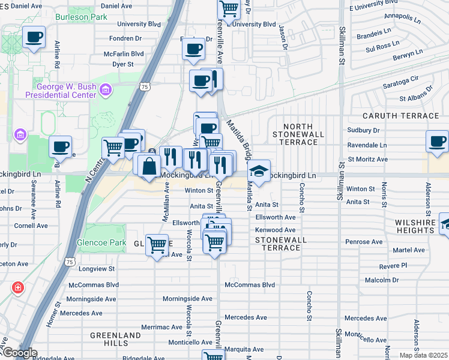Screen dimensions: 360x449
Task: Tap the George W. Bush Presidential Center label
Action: pos(60,91)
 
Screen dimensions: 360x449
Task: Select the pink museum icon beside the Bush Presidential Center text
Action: pos(106,90)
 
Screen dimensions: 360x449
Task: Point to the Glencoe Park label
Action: pos(101,243)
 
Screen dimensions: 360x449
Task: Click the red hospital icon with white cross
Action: pos(18,287)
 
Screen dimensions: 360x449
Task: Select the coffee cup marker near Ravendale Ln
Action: pos(437,142)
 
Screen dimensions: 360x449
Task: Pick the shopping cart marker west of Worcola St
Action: pos(157,244)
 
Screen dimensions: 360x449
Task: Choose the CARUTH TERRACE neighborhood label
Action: pos(400,115)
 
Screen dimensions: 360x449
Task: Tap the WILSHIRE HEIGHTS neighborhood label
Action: pos(418,226)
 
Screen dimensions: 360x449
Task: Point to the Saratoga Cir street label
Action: pos(400,78)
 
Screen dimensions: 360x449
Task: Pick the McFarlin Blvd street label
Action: pos(124,53)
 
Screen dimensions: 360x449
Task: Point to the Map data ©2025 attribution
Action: pos(423,355)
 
